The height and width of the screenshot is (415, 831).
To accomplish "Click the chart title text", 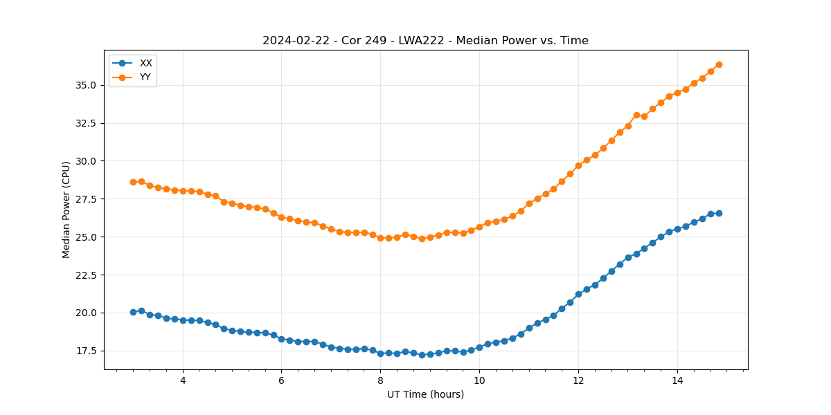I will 425,41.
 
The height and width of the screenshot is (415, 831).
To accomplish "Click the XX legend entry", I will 145,63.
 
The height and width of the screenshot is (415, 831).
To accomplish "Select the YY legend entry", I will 145,77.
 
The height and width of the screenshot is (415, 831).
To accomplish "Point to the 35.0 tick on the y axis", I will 87,85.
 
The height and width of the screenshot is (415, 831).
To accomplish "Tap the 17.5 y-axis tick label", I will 87,351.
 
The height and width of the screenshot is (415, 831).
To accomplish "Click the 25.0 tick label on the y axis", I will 87,237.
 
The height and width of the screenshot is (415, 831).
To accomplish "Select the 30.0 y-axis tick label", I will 87,161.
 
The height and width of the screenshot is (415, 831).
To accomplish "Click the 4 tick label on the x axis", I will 183,380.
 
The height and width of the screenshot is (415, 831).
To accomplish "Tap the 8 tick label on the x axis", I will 380,380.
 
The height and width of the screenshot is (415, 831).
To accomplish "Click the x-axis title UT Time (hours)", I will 425,394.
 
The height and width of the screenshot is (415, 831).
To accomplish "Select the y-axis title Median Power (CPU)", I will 66,210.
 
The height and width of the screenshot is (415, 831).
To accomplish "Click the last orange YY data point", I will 719,64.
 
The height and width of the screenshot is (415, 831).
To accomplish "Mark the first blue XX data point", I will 133,312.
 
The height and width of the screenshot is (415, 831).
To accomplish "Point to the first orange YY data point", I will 133,182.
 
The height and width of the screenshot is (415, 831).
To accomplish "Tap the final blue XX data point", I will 719,213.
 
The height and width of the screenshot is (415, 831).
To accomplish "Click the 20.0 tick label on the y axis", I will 87,313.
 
